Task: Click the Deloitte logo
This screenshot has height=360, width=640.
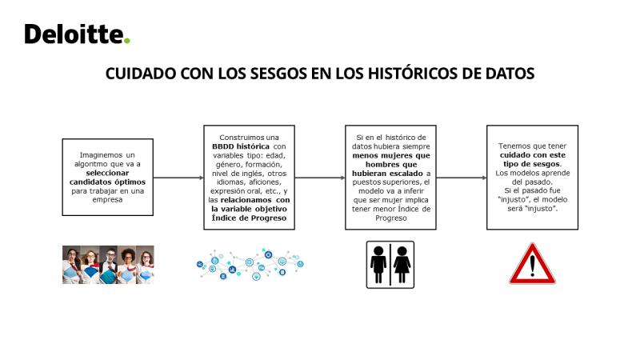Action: (77, 34)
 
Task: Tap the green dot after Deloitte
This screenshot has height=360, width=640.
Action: (127, 41)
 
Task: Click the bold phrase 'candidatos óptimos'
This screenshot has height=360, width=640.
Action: (107, 182)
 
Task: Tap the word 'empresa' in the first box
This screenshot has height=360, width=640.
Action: (107, 199)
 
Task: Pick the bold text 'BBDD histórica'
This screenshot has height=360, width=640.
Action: (241, 146)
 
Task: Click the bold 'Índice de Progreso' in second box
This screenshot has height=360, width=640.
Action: (249, 218)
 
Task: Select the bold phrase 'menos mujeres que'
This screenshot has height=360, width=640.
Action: (391, 155)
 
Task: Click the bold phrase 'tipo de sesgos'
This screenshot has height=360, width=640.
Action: (531, 164)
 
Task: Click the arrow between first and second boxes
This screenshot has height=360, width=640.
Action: (178, 178)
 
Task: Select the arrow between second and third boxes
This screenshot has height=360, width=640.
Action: (320, 178)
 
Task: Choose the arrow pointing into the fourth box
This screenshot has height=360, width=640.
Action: (462, 178)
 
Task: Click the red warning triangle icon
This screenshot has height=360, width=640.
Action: (532, 264)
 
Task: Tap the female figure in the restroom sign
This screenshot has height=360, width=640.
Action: (402, 265)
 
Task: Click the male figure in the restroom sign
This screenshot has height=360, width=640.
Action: (378, 265)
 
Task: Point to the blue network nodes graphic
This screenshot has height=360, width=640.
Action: (250, 265)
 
